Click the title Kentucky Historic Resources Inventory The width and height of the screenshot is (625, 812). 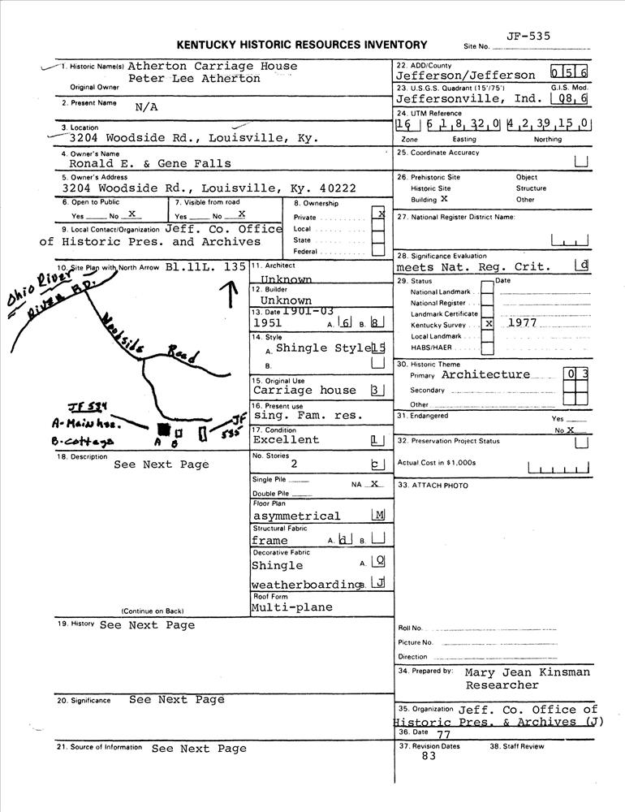coord(301,45)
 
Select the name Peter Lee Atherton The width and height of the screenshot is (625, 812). coord(195,79)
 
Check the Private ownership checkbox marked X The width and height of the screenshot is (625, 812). coord(378,215)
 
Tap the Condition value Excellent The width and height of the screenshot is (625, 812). coord(286,440)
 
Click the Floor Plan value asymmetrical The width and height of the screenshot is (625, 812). coord(296,516)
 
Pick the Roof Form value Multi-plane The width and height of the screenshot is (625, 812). coord(292,607)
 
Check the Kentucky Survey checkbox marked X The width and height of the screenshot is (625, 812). coord(488,322)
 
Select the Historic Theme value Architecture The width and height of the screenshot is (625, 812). coord(485,375)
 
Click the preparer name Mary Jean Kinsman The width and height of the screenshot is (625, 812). coord(528,672)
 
